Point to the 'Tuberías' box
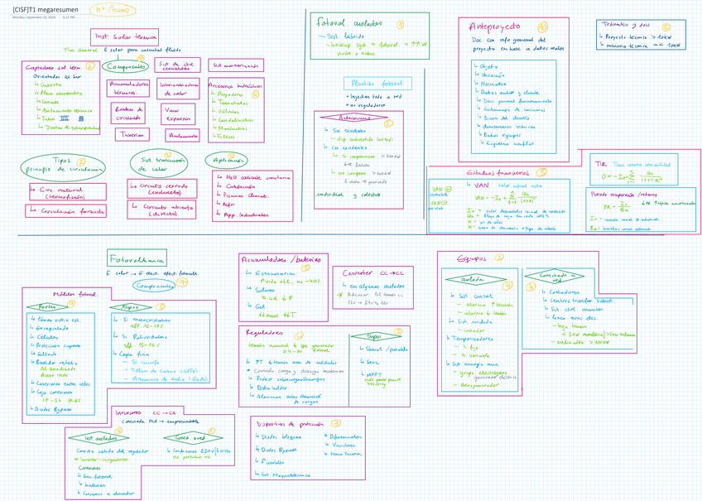pos(127,133)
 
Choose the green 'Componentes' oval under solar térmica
pos(127,66)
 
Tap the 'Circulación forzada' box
pos(67,210)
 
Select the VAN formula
pos(497,200)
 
